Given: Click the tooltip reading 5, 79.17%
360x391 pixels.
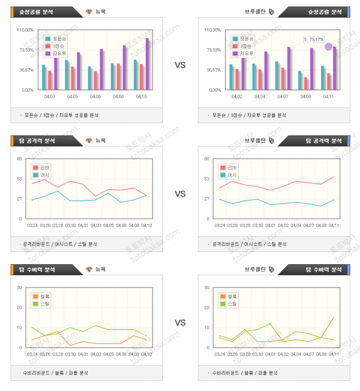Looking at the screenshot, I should pos(313,39).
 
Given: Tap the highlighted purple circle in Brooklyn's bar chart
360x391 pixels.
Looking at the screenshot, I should pos(328,47).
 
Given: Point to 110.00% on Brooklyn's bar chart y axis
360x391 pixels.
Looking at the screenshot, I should pos(213,30).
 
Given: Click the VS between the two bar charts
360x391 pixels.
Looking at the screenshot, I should pos(180,65).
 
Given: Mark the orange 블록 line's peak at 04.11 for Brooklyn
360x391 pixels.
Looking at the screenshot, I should pos(333,317).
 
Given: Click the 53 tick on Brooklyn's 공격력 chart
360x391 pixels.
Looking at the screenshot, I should pos(205,179).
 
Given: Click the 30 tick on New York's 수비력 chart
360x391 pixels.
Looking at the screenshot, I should pos(19,287).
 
